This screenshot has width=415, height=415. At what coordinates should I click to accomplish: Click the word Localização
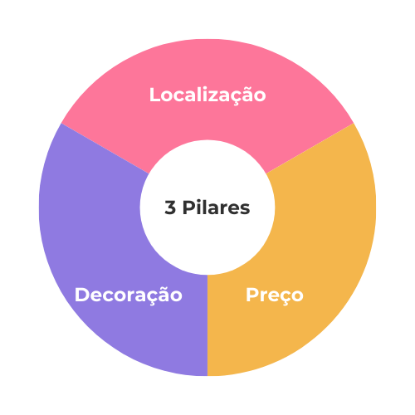(207, 95)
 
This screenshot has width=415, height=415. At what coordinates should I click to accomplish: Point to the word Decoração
(129, 295)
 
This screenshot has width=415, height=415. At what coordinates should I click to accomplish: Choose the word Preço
(275, 295)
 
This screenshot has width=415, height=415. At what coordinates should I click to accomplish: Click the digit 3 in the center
(170, 207)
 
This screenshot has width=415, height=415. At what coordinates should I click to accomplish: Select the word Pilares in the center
(216, 207)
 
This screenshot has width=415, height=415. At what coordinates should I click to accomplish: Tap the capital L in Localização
(154, 95)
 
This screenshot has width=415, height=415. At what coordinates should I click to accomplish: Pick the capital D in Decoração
(82, 295)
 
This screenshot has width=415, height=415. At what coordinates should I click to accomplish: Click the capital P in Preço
(252, 295)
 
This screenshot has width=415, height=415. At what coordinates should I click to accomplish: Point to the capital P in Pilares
(189, 207)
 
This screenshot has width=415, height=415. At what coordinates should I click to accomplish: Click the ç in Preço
(282, 298)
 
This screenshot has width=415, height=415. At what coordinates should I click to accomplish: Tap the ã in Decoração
(164, 295)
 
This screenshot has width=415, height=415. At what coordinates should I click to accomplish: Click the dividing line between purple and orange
(207, 325)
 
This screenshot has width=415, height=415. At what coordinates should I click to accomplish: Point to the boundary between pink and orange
(310, 149)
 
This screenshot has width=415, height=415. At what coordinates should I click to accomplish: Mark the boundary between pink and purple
(105, 149)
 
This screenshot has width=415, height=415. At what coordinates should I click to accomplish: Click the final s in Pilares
(245, 209)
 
